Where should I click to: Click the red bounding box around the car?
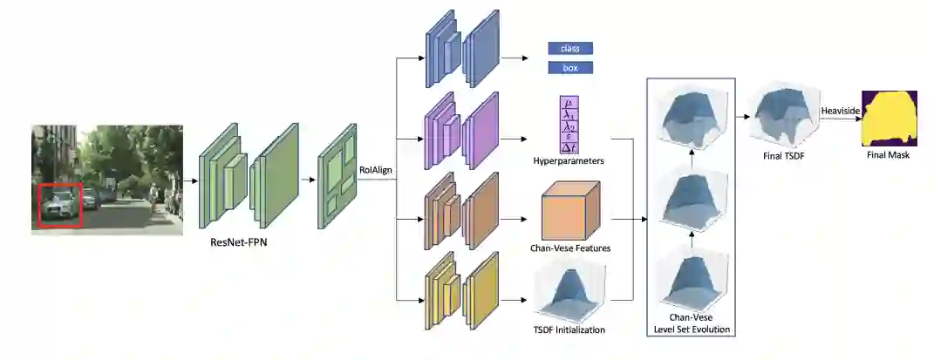(x=59, y=204)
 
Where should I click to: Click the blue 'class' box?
(x=570, y=48)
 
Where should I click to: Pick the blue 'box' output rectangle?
(x=570, y=67)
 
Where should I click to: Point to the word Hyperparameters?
(x=569, y=162)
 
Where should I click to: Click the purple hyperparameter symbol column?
(x=569, y=124)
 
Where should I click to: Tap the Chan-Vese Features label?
(x=569, y=248)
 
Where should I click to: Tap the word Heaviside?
(x=841, y=111)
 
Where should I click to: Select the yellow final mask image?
(x=890, y=119)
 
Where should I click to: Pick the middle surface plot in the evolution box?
(x=692, y=198)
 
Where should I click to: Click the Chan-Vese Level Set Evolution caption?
(x=692, y=323)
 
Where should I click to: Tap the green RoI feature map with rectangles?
(x=337, y=184)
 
